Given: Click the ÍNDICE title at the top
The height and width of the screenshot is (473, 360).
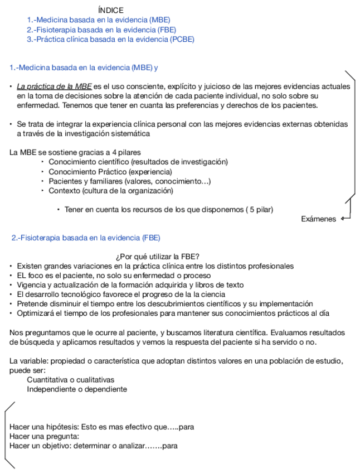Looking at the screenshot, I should (110, 10).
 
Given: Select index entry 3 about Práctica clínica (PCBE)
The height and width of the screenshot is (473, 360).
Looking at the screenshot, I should (110, 39).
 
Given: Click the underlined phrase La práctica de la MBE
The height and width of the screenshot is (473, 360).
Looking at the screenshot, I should (54, 86).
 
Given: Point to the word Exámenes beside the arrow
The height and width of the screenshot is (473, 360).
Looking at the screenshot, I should (318, 219).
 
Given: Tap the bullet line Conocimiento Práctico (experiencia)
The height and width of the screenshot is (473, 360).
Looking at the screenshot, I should (110, 172).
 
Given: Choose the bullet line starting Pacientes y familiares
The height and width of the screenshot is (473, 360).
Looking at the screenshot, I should (129, 181).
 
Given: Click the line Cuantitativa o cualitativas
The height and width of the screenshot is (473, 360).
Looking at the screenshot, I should (70, 380).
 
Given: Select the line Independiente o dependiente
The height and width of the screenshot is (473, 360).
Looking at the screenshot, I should (77, 389).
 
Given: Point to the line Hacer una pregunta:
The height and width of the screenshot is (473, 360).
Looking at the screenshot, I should (44, 437).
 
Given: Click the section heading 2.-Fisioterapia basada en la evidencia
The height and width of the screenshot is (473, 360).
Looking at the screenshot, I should (86, 238).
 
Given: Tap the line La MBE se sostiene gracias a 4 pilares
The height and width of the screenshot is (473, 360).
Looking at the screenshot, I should (75, 152).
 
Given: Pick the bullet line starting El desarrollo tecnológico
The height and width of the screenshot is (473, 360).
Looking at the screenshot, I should (121, 295).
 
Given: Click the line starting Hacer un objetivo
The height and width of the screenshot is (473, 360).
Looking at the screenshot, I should (93, 446).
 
